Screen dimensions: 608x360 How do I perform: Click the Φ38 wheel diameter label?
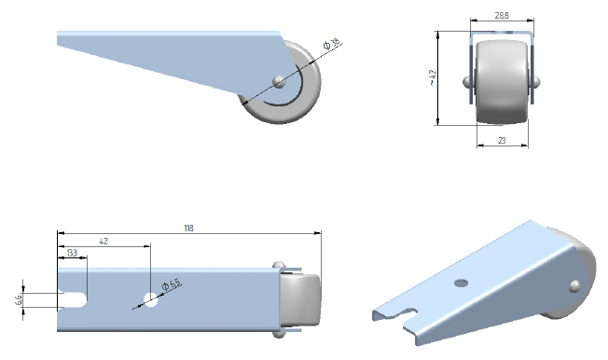point(332,44)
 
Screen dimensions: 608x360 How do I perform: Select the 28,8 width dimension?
point(502,16)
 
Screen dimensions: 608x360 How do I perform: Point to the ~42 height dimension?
point(433,77)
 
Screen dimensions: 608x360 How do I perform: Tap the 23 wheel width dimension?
point(502,141)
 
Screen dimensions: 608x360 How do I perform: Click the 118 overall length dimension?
point(188,228)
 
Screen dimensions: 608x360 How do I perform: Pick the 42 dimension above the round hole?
point(104,241)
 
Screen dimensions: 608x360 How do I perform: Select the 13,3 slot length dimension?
point(72,253)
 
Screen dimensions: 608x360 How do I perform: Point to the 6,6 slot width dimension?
point(20,300)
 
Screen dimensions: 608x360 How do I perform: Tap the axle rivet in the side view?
point(279,82)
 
